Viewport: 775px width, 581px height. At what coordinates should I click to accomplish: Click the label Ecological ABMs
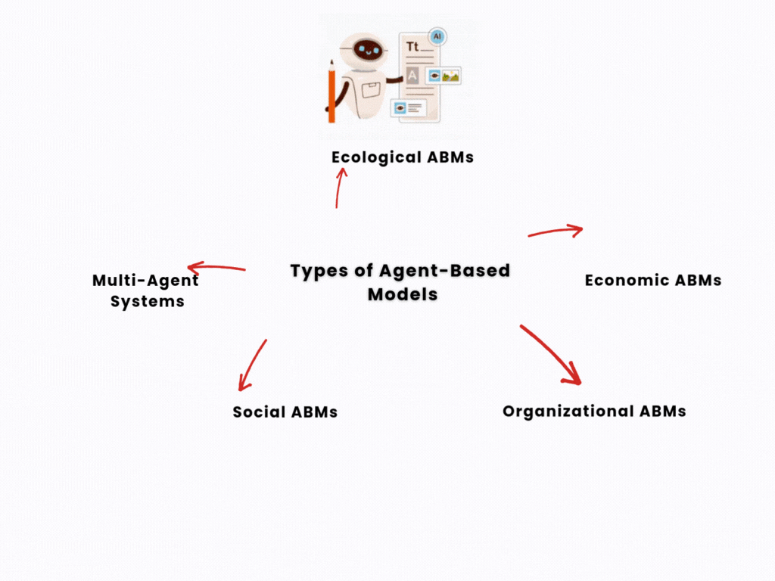click(402, 157)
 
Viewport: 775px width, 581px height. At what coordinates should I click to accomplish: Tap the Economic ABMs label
click(652, 281)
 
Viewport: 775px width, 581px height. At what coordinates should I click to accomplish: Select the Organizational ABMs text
click(594, 412)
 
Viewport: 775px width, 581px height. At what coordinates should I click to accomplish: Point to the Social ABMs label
click(285, 412)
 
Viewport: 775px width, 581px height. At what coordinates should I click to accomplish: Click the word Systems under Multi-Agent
click(147, 301)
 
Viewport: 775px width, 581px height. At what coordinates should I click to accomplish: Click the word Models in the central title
click(403, 294)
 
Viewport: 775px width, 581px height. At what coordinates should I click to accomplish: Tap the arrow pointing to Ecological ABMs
click(339, 187)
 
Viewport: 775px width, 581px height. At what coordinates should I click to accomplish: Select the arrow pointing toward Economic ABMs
click(556, 231)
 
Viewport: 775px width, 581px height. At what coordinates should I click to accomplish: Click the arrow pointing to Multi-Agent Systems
click(216, 267)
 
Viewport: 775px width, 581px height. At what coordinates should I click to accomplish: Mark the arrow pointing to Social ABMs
click(252, 365)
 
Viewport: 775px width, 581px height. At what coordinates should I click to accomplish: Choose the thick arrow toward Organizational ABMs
click(550, 354)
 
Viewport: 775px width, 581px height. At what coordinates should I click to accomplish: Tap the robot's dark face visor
click(367, 50)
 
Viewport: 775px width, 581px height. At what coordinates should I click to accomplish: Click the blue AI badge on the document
click(437, 36)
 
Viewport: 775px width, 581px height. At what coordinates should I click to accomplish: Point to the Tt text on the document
click(412, 47)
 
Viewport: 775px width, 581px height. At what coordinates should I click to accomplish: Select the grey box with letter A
click(412, 75)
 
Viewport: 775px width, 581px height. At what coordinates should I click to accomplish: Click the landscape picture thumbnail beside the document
click(451, 76)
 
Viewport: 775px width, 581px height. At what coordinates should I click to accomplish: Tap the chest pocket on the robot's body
click(370, 92)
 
